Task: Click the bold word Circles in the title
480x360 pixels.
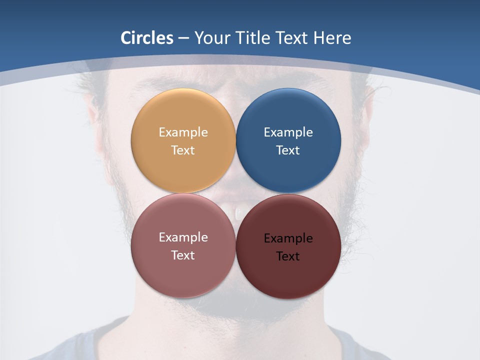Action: pos(146,38)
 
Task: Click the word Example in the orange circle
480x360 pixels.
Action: pos(183,132)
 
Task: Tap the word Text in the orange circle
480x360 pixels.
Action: pos(183,150)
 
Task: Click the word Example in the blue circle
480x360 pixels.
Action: pos(288,132)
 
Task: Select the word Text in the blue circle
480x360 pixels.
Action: pos(288,150)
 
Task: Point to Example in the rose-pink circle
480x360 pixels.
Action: pos(183,237)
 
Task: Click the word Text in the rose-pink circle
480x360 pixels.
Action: pos(183,255)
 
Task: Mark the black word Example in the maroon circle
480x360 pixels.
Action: pos(288,238)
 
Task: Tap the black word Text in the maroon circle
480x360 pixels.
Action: pos(288,256)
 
